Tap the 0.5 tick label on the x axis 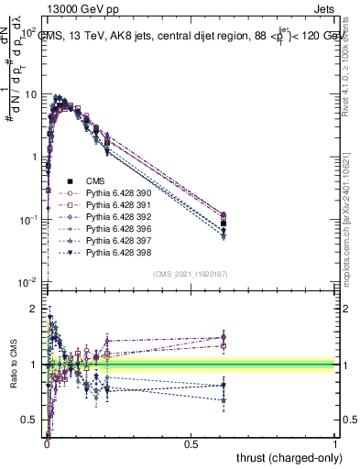(x=191, y=443)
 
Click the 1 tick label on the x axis (x=335, y=443)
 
